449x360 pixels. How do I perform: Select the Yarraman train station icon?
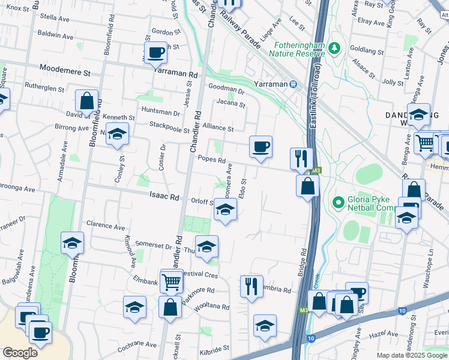coord(294,85)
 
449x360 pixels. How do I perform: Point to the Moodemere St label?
coord(64,71)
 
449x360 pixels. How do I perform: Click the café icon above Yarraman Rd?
coord(155,52)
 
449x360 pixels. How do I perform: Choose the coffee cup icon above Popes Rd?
coord(261,146)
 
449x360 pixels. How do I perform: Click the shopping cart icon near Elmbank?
coord(172,280)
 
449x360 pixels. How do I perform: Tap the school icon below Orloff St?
coord(225,209)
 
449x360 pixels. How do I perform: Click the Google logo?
coord(20,352)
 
